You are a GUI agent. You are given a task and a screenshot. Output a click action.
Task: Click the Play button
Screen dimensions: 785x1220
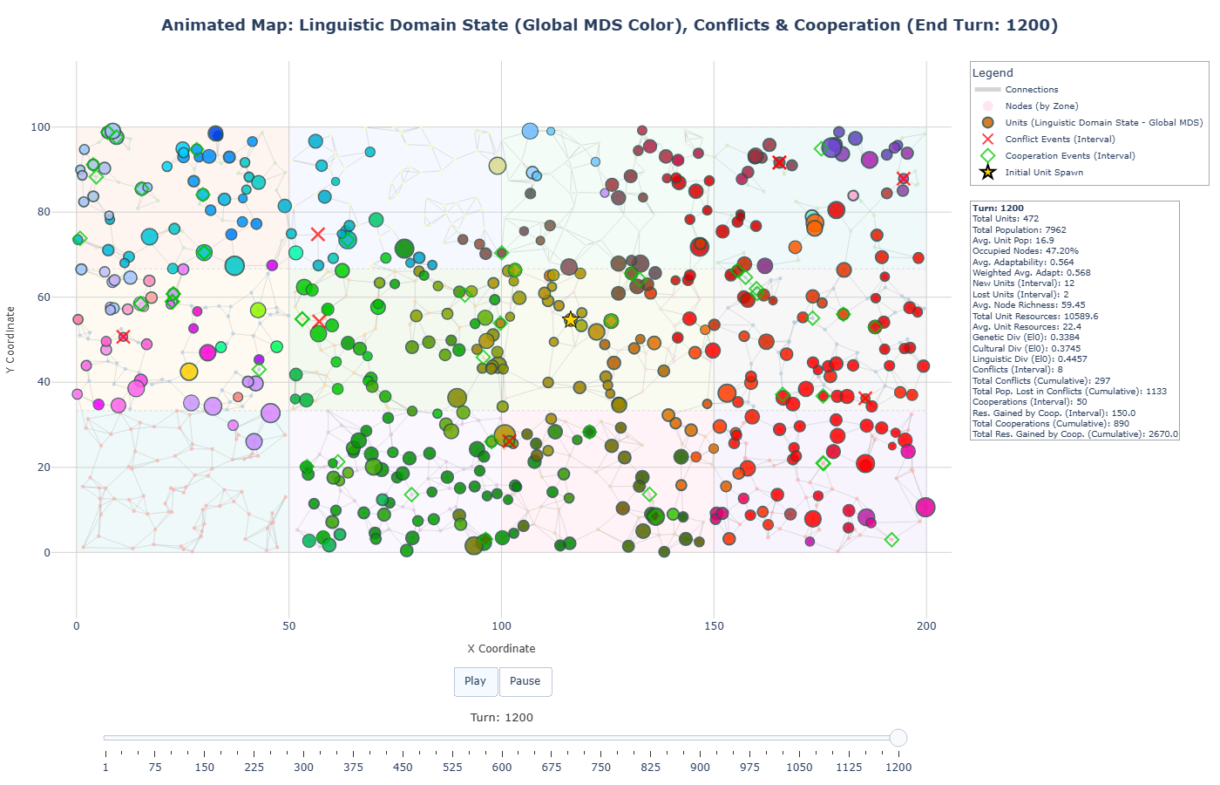point(475,681)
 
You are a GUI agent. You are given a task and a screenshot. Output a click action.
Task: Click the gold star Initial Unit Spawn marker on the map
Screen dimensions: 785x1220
point(571,320)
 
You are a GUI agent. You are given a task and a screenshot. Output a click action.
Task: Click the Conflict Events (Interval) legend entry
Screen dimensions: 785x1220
point(1060,140)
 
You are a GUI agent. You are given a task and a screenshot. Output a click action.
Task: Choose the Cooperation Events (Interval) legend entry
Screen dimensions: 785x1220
point(1069,156)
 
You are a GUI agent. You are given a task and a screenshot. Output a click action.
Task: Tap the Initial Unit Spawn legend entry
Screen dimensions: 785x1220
point(1044,173)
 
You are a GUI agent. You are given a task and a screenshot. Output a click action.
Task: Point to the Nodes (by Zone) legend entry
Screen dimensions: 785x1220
point(1041,106)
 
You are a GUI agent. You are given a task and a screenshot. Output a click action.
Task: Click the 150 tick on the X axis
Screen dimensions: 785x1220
point(714,625)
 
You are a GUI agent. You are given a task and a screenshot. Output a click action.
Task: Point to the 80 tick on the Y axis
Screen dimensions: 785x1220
point(41,212)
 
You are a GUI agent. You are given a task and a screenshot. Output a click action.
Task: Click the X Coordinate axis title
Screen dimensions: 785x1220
point(501,649)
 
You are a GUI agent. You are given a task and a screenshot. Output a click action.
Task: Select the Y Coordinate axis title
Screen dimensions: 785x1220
point(10,340)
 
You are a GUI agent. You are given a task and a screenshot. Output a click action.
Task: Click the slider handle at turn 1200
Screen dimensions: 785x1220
point(898,738)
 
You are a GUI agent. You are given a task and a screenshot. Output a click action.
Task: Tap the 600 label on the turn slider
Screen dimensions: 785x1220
point(502,768)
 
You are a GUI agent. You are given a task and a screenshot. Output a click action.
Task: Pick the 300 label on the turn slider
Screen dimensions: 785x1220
point(303,768)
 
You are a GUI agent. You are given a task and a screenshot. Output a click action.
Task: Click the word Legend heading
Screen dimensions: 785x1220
point(993,73)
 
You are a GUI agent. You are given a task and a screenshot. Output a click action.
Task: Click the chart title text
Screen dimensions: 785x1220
point(609,25)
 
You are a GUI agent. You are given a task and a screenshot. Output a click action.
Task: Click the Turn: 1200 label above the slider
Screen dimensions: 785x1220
point(501,718)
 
